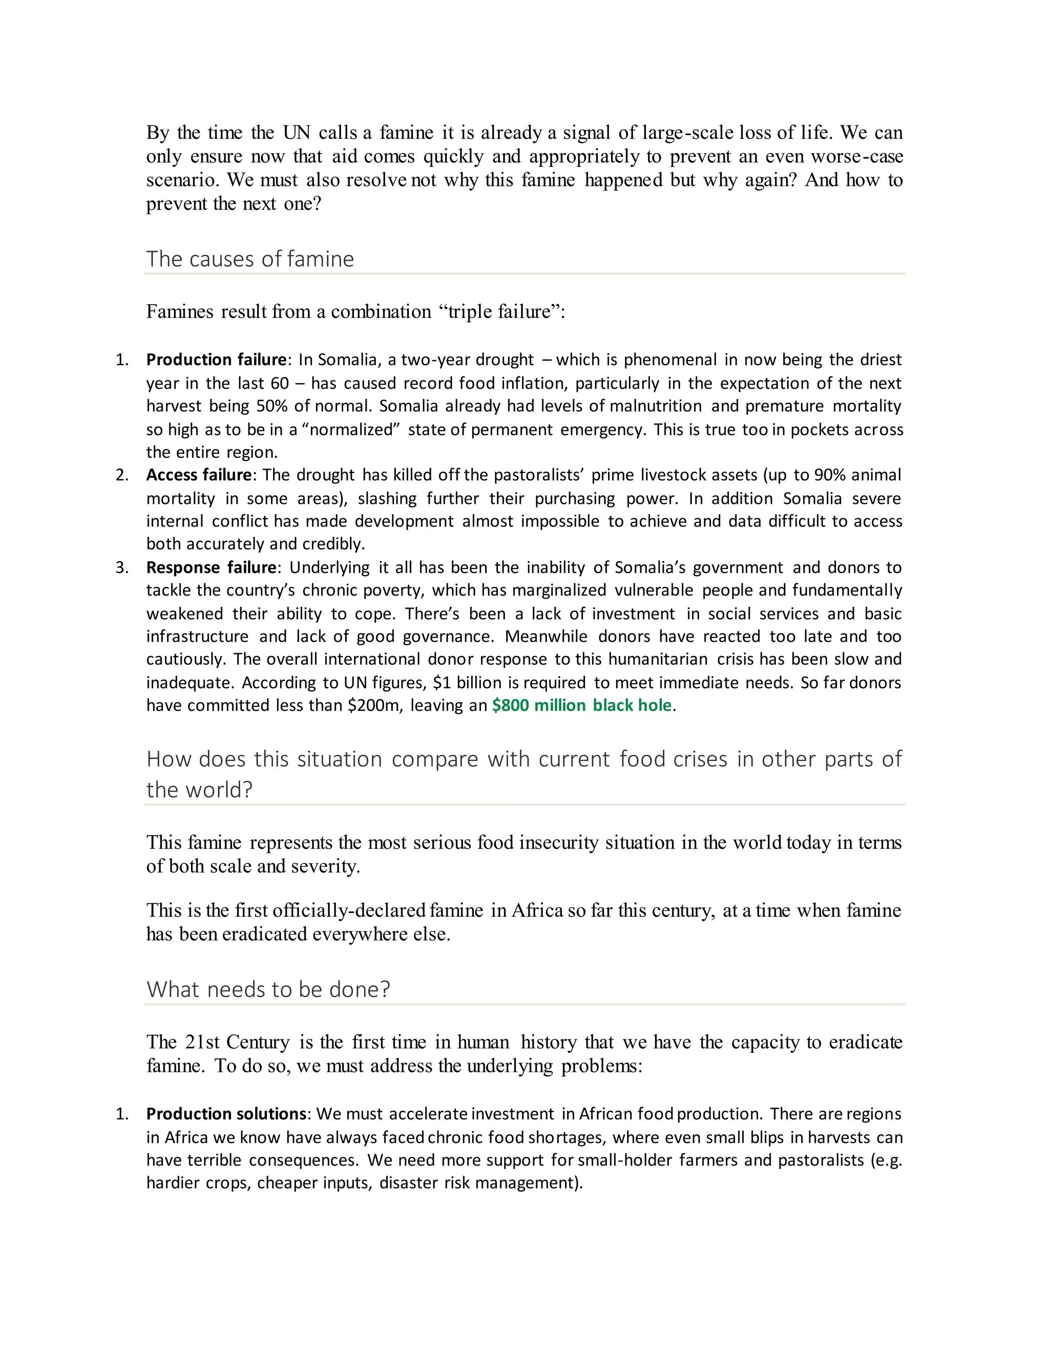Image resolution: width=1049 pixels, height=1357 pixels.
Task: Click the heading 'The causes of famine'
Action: pyautogui.click(x=250, y=259)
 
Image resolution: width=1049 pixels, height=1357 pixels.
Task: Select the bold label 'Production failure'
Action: pyautogui.click(x=216, y=360)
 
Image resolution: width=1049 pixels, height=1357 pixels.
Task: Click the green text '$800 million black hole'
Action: pyautogui.click(x=582, y=705)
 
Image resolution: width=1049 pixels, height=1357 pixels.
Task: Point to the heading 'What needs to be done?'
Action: pyautogui.click(x=268, y=989)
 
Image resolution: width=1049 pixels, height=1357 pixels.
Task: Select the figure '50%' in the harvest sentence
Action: pyautogui.click(x=272, y=407)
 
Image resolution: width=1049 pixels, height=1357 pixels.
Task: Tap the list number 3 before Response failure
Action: pyautogui.click(x=122, y=567)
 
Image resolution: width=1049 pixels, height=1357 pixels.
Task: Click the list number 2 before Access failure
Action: pyautogui.click(x=122, y=475)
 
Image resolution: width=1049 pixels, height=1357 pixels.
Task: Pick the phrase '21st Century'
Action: pyautogui.click(x=237, y=1042)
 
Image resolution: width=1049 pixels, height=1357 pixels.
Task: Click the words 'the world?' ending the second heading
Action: pyautogui.click(x=199, y=790)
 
